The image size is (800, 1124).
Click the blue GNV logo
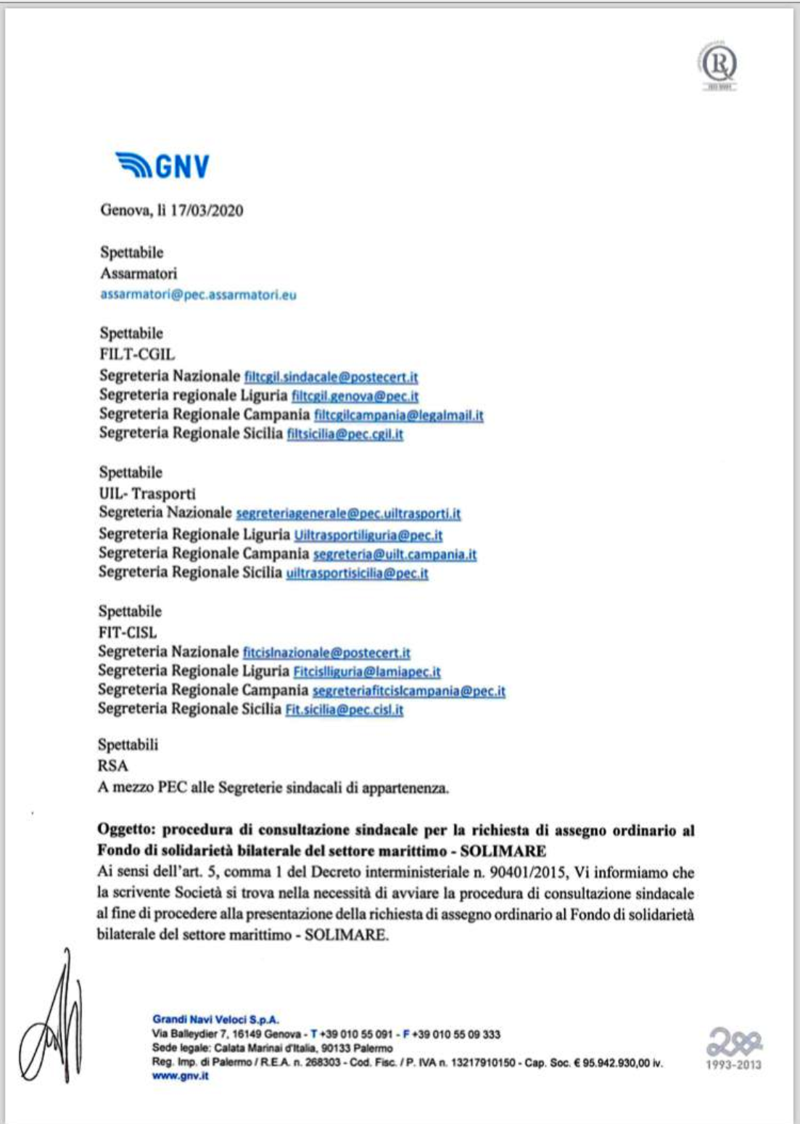(x=162, y=166)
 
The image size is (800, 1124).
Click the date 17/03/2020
(x=207, y=211)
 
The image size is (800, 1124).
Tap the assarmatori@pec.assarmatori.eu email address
(x=198, y=295)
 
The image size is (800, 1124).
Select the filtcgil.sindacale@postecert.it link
(x=331, y=377)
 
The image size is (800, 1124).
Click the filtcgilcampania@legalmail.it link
(x=398, y=415)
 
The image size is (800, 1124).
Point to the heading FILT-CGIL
(x=137, y=355)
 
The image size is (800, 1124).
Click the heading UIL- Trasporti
(x=147, y=494)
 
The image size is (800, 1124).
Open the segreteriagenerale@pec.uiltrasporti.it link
(x=348, y=514)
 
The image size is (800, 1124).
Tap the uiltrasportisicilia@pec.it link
(x=357, y=573)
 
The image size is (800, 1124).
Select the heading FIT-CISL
(x=127, y=633)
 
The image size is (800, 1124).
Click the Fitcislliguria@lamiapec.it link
(x=366, y=672)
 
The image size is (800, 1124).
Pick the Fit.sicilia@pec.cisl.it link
(x=344, y=710)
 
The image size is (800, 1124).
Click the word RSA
(x=112, y=766)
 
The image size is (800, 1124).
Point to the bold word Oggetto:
(x=126, y=830)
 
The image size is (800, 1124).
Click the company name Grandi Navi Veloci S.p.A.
(x=215, y=1020)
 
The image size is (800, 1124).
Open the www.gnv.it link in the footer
(x=180, y=1076)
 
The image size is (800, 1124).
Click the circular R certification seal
(x=718, y=66)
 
